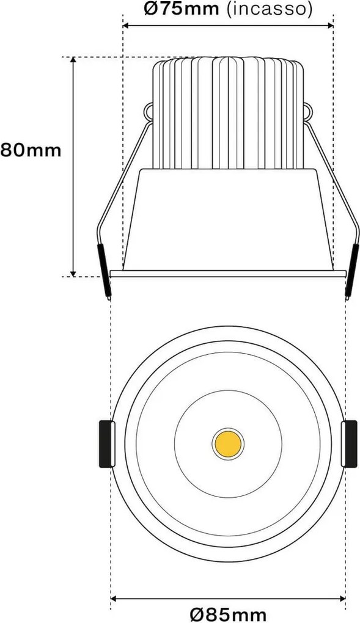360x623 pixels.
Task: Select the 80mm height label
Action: [x=31, y=150]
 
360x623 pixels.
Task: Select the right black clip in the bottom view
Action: [x=350, y=443]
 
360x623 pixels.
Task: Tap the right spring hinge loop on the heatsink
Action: [x=308, y=112]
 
